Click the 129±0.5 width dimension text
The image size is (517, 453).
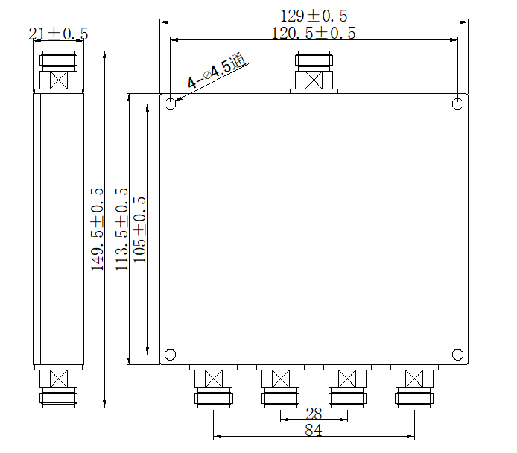tap(314, 15)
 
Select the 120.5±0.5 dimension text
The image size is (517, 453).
tap(313, 33)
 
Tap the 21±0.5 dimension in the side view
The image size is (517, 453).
tap(58, 34)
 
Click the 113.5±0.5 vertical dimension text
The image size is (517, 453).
tap(122, 229)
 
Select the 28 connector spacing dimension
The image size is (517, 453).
tap(314, 414)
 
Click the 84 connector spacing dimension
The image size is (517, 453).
tap(314, 431)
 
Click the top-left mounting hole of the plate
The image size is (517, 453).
tap(171, 104)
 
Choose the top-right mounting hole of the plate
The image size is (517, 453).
tap(458, 104)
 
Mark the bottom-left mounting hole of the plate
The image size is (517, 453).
tap(171, 355)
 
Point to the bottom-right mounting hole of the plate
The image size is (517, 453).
tap(458, 355)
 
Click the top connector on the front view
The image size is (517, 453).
tap(314, 73)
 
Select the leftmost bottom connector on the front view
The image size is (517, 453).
tap(214, 387)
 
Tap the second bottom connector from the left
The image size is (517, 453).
tap(281, 387)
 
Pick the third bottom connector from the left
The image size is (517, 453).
tap(347, 387)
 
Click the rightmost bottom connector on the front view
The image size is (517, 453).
tap(414, 387)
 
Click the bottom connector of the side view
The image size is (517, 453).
tap(58, 387)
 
